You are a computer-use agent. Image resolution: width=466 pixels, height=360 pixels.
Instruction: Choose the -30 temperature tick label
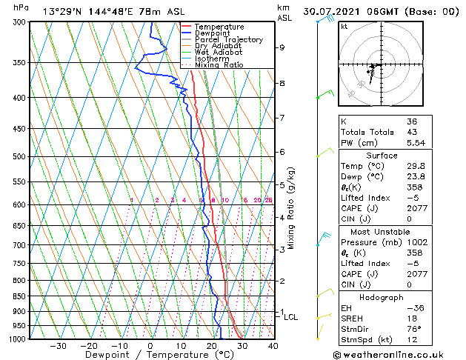point(58,346)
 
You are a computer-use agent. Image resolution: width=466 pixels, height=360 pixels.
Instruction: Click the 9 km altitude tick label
point(282,47)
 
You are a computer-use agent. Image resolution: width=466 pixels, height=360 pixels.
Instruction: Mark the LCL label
point(291,317)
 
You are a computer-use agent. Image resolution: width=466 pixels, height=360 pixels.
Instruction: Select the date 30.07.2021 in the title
point(350,12)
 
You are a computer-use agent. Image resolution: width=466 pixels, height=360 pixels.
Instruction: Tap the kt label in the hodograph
point(344,27)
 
